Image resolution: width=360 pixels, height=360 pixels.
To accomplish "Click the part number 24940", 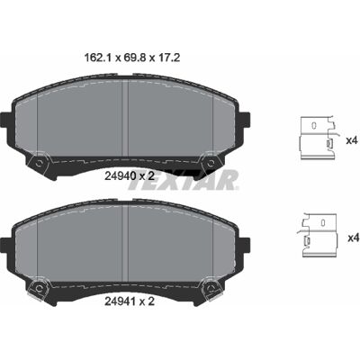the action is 119,175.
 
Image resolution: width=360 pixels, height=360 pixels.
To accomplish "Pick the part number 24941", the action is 119,301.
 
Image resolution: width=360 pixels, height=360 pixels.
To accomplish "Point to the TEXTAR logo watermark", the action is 184,179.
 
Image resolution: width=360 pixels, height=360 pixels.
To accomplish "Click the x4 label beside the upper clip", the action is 352,140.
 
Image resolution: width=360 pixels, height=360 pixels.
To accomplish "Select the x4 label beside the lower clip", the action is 353,238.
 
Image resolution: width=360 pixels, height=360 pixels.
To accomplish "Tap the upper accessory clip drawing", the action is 319,138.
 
